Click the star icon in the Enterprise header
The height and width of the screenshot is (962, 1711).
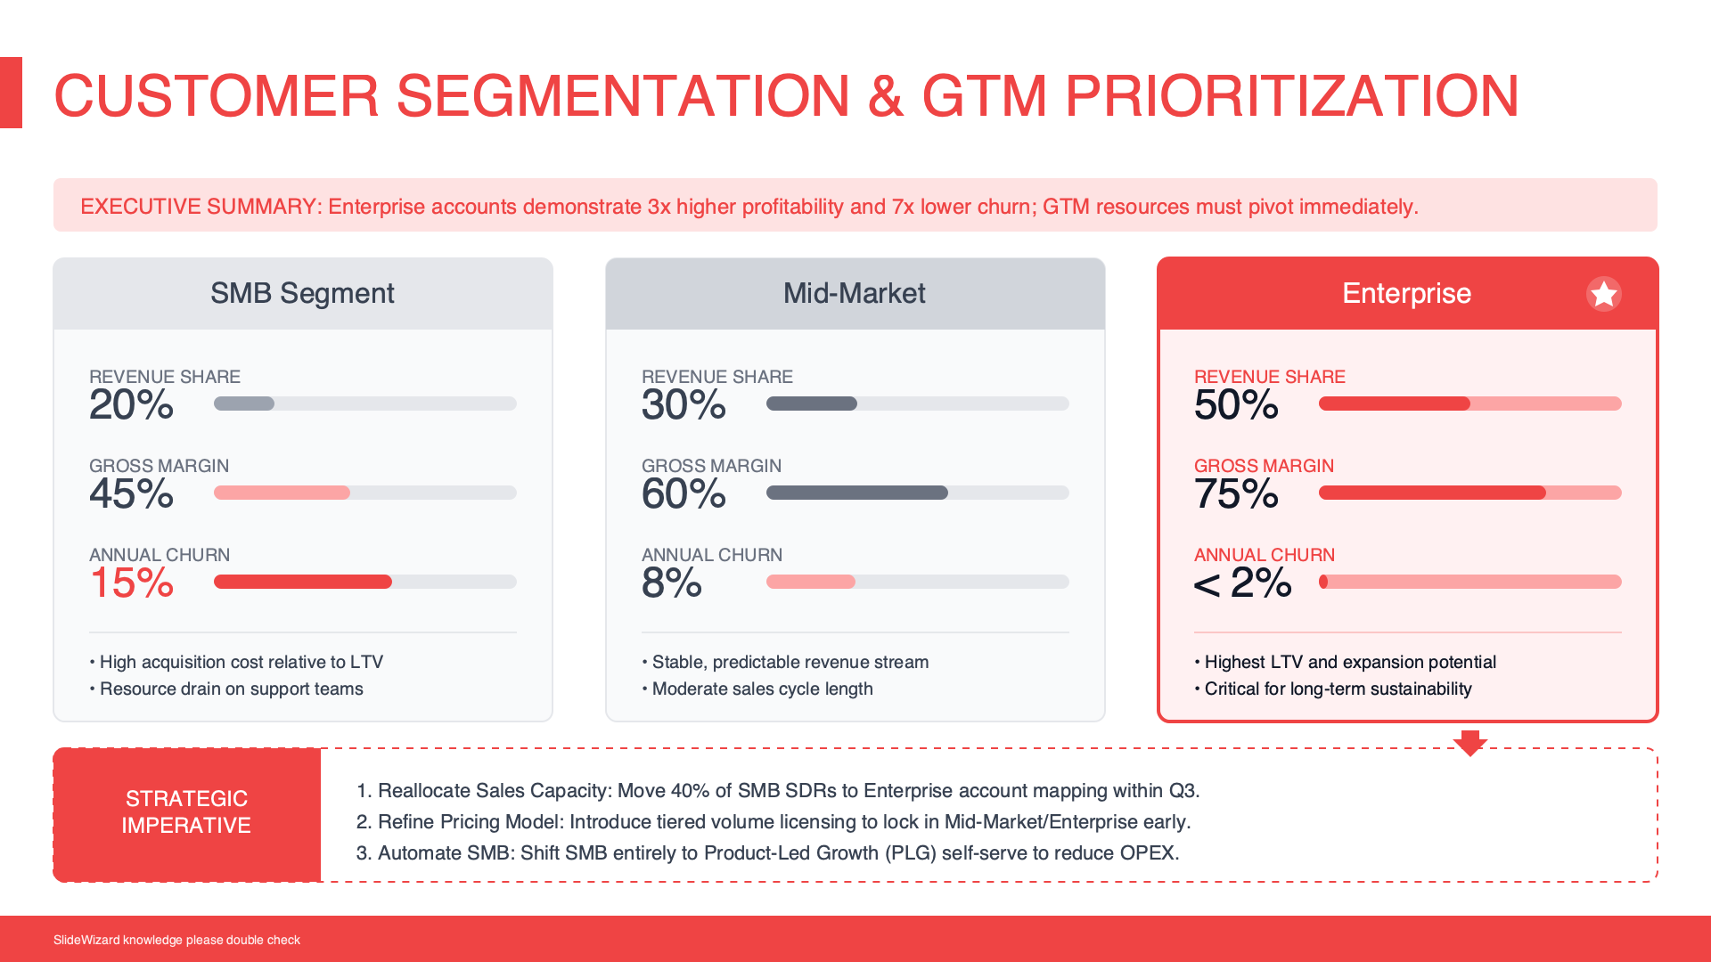click(1603, 294)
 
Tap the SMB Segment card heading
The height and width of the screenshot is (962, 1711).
click(302, 293)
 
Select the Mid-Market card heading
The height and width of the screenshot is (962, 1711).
click(854, 293)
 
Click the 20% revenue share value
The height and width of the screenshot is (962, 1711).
click(131, 405)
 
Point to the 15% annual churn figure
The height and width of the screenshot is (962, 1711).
click(131, 583)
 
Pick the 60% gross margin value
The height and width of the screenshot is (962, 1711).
click(684, 494)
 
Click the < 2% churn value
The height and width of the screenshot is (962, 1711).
click(1242, 583)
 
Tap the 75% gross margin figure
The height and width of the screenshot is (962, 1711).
click(1236, 494)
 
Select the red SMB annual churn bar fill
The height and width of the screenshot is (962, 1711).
click(302, 582)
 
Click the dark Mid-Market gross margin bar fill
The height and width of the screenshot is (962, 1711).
click(856, 493)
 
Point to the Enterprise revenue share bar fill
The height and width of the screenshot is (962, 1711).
click(1394, 404)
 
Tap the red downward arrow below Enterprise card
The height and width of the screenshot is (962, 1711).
click(1469, 742)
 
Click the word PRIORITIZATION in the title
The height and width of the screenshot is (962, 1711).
click(1291, 96)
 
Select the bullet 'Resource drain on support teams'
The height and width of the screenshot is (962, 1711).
click(231, 689)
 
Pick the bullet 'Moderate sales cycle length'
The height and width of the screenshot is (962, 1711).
click(762, 689)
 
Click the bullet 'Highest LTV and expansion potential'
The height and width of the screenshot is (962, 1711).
click(1349, 662)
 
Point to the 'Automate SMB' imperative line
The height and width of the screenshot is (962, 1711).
click(767, 852)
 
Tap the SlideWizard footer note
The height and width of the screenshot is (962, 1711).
click(176, 940)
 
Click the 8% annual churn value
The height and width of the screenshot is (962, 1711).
click(671, 583)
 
